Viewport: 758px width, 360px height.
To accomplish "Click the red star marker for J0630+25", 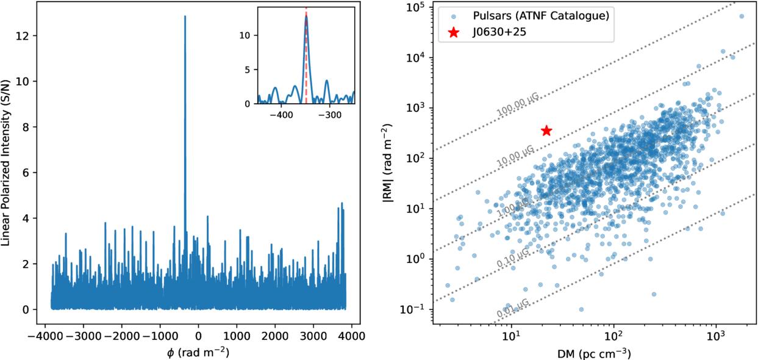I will [546, 131].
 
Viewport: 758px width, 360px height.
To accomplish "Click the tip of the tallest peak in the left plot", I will [185, 16].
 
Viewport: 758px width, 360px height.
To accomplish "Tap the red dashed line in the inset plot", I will [306, 55].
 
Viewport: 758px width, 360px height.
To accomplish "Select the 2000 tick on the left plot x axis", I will [275, 336].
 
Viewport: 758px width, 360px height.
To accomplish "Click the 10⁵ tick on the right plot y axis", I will [416, 7].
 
